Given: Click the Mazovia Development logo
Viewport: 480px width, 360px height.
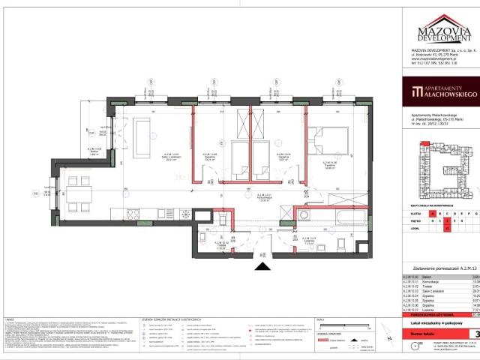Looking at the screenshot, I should coord(440,33).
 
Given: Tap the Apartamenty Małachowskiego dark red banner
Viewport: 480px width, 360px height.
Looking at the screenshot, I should coord(441,94).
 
